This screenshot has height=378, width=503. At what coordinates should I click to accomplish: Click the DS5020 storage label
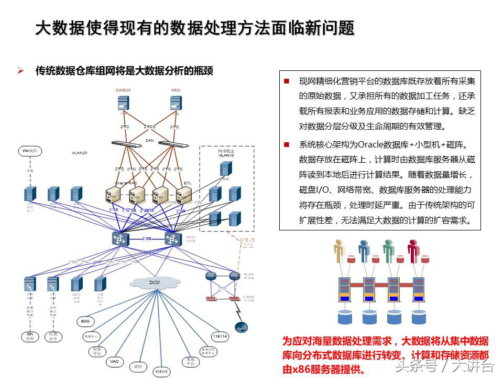pos(123,90)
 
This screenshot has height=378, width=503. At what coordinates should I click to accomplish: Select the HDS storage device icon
pos(176,104)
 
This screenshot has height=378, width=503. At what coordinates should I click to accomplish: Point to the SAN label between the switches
pos(149,140)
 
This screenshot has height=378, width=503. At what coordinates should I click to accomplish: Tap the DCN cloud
pos(155,282)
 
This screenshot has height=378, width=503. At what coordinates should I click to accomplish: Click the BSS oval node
pos(85,321)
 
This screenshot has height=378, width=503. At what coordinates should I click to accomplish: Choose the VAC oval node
pos(115,362)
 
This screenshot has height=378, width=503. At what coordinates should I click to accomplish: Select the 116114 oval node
pos(220,336)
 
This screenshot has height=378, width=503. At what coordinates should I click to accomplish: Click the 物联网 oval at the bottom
pos(161,371)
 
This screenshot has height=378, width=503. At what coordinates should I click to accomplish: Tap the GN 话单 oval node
pos(30,337)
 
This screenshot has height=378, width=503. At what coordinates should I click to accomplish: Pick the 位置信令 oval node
pos(53,337)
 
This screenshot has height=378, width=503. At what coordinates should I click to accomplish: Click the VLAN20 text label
pos(80,153)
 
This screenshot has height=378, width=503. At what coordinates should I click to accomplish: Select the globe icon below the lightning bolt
pos(240,327)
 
